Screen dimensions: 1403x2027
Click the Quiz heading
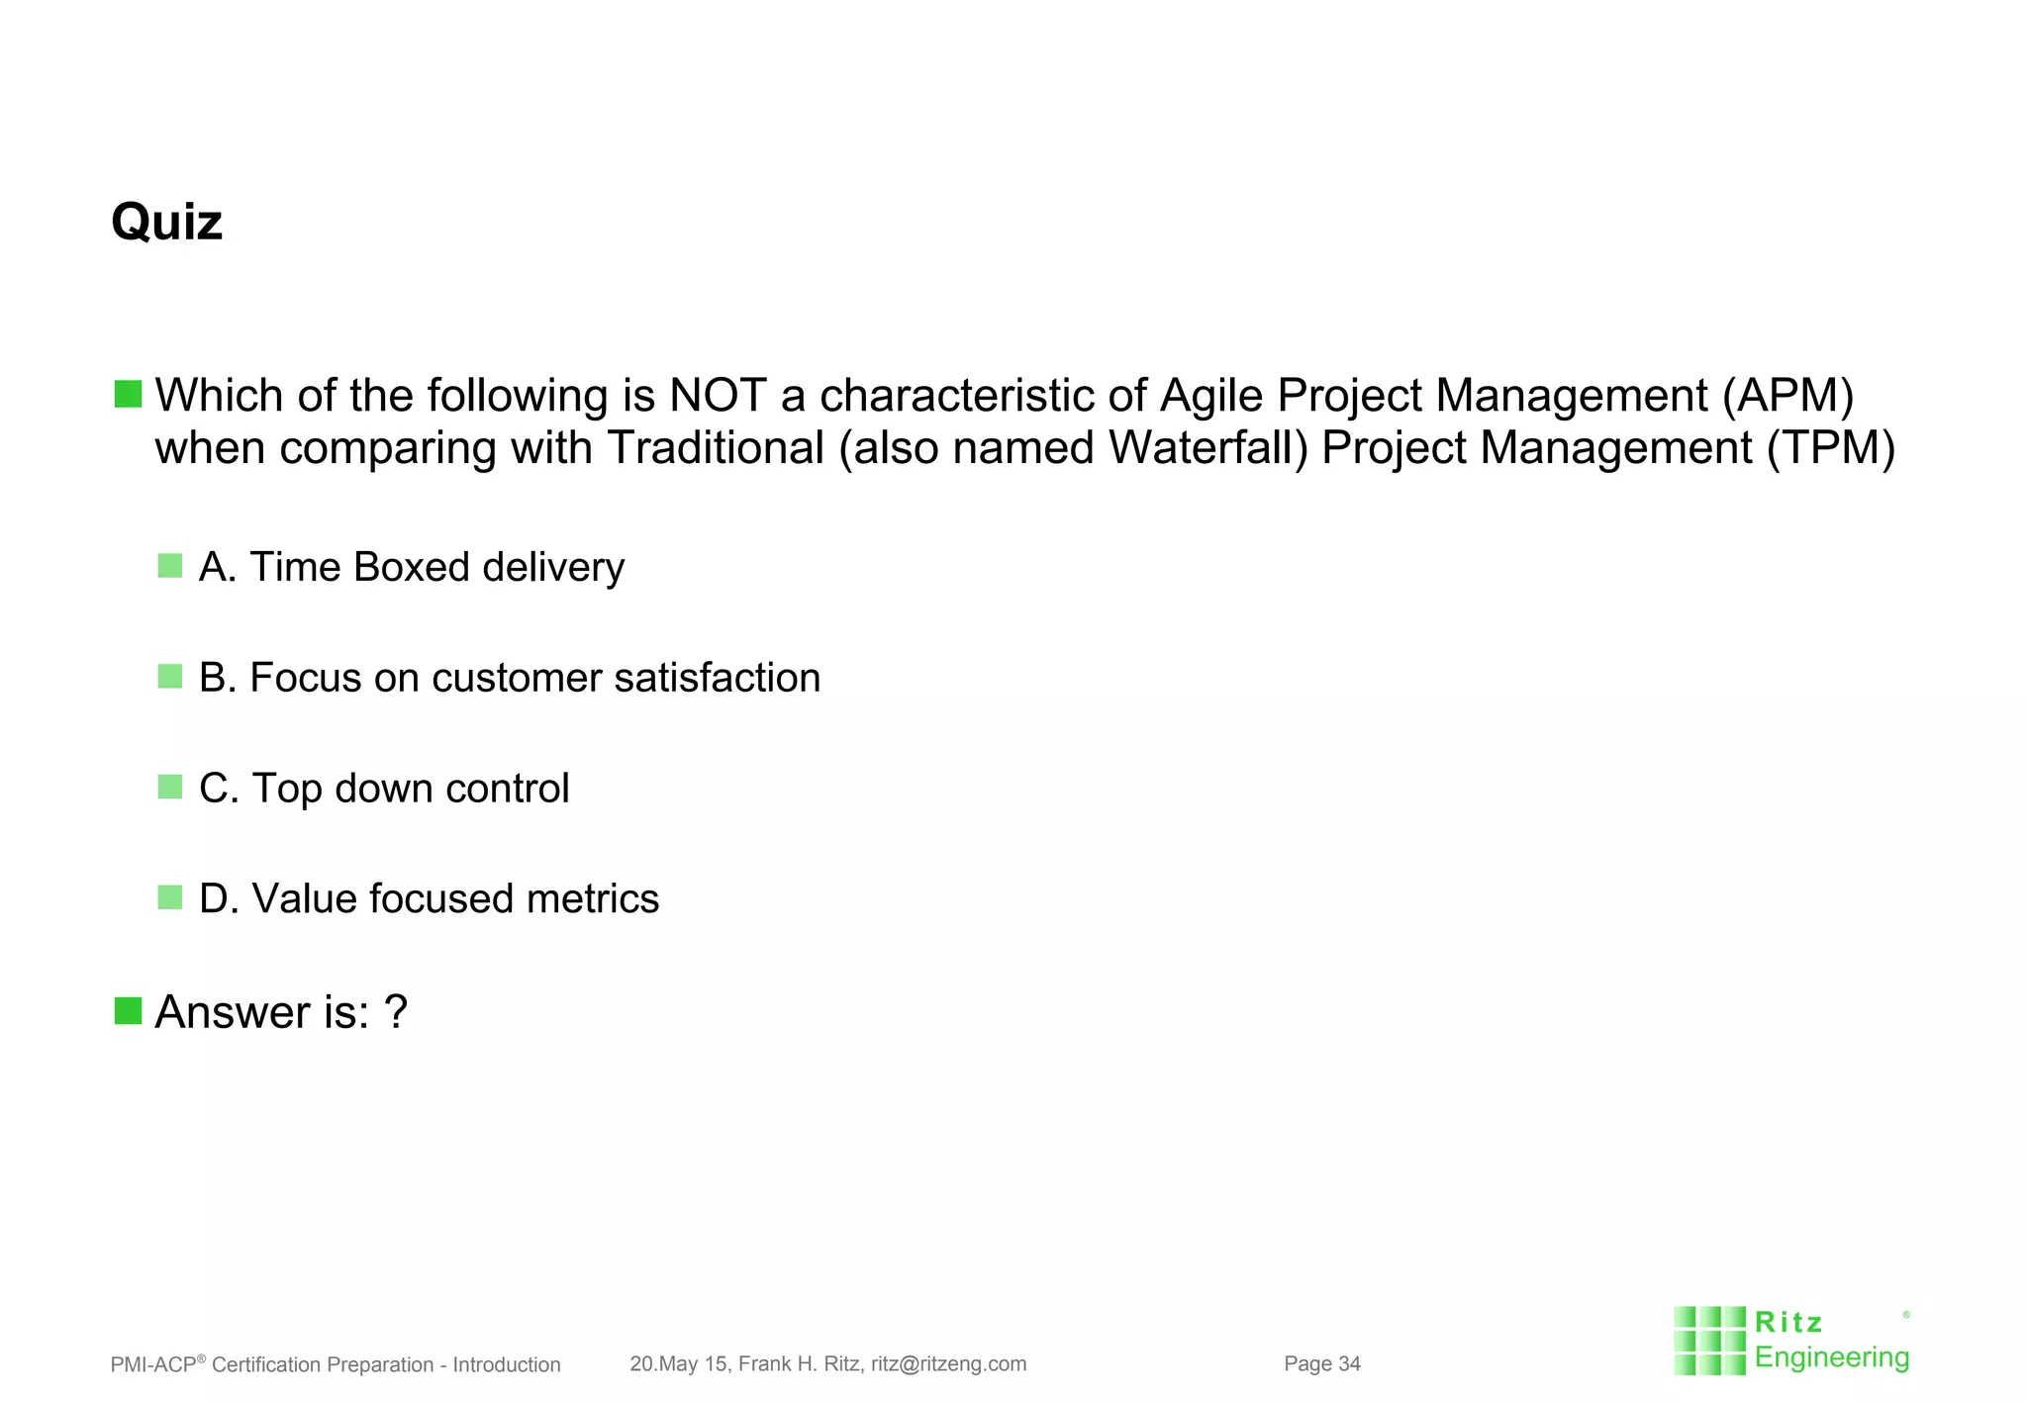166,222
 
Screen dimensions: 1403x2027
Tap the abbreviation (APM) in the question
1787,396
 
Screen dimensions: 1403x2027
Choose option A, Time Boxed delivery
411,567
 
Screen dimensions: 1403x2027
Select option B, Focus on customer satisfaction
509,678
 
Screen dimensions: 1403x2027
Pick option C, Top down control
383,789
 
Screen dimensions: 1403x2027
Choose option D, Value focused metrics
428,899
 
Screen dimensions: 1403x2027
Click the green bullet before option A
170,566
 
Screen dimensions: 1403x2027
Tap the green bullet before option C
170,788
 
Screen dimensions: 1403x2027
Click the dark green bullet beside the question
128,394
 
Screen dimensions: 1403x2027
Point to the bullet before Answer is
128,1011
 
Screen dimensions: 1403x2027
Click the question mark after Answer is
395,1012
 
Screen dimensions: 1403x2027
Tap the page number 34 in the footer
1349,1364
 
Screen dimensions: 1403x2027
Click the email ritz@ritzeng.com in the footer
948,1364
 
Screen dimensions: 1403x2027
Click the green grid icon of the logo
1709,1341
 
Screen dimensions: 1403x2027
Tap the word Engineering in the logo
1831,1357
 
